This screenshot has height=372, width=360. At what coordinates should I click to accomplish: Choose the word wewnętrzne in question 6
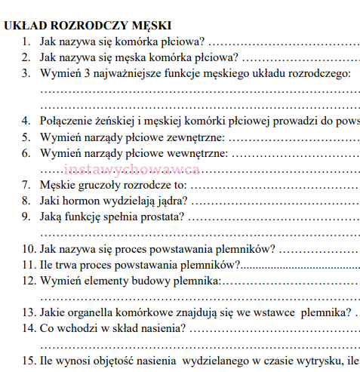pyautogui.click(x=197, y=153)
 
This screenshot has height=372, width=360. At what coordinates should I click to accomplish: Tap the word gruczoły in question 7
pyautogui.click(x=99, y=186)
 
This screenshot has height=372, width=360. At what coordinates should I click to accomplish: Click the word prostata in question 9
pyautogui.click(x=159, y=218)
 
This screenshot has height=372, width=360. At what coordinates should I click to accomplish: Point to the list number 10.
pyautogui.click(x=28, y=249)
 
